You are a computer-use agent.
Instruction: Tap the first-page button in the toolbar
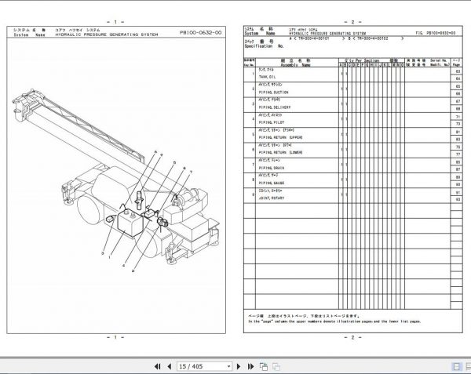click(x=158, y=366)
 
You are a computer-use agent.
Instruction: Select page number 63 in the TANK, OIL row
click(x=457, y=72)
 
